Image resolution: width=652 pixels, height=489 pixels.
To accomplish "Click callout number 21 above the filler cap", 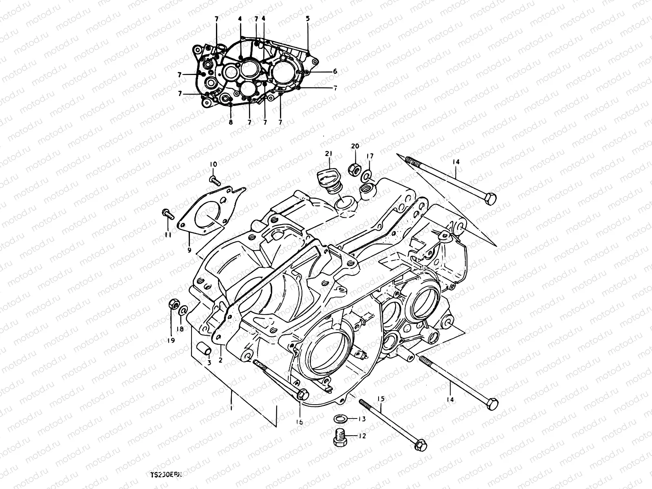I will pos(328,154).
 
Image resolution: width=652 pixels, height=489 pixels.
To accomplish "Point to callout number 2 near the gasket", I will pos(220,360).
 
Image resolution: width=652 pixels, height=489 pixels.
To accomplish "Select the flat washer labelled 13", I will pos(338,419).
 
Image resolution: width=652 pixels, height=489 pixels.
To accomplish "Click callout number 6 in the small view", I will pos(335,71).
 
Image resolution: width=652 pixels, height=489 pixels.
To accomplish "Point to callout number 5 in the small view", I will pos(308,18).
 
